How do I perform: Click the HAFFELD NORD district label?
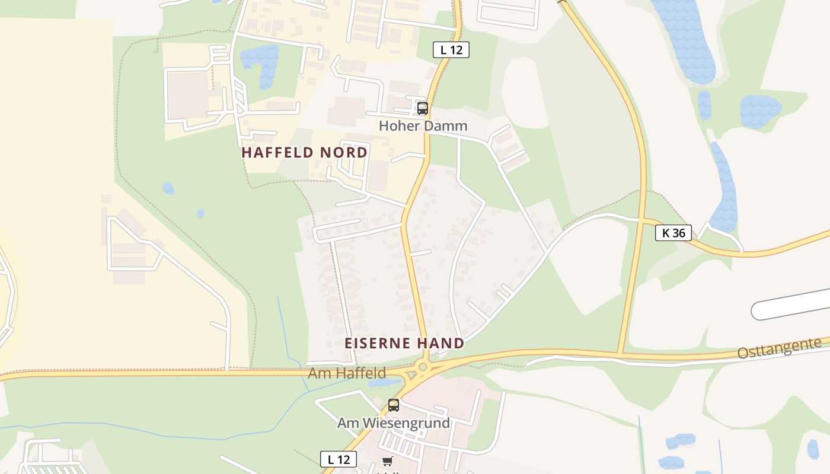tap(304, 152)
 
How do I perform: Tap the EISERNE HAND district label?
tap(404, 343)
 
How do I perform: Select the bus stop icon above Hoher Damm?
tap(422, 108)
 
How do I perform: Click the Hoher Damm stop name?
tap(423, 126)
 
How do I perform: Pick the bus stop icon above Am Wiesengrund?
tap(393, 406)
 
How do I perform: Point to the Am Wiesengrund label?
tap(393, 423)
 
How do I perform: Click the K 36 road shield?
tap(673, 233)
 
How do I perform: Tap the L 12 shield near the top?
tap(451, 50)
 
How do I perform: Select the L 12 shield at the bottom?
tap(339, 459)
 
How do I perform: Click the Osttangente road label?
tap(779, 348)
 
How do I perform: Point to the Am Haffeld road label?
tap(347, 373)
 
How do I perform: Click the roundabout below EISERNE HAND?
tap(423, 367)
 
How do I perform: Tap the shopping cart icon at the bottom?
tap(387, 461)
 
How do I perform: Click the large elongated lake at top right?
tap(685, 39)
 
